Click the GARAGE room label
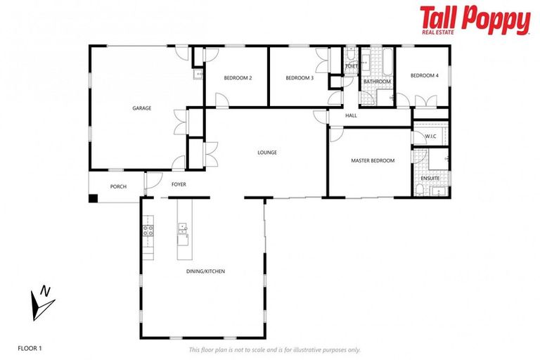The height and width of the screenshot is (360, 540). [x=142, y=108]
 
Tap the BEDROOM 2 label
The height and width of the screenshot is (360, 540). [x=238, y=77]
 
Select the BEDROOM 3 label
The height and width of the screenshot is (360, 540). [x=300, y=77]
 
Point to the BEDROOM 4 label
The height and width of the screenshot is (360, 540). [x=425, y=76]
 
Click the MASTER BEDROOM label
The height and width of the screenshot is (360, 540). [x=373, y=160]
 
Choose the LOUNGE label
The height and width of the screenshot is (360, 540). [x=267, y=152]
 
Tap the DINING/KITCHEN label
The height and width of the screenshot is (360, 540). [x=206, y=271]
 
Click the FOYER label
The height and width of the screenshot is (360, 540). [x=179, y=185]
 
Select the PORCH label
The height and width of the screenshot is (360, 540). [x=118, y=186]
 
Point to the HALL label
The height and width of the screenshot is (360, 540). [x=352, y=115]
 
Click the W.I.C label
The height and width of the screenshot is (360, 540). [x=430, y=135]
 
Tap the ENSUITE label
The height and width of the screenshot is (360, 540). [x=430, y=179]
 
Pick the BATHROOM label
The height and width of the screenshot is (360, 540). [x=377, y=82]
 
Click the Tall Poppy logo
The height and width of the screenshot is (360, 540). [x=475, y=21]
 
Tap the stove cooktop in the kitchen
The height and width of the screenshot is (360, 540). [x=148, y=229]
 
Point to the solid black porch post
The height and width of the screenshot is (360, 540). [x=93, y=198]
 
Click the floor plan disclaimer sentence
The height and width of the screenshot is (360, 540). [x=274, y=349]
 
